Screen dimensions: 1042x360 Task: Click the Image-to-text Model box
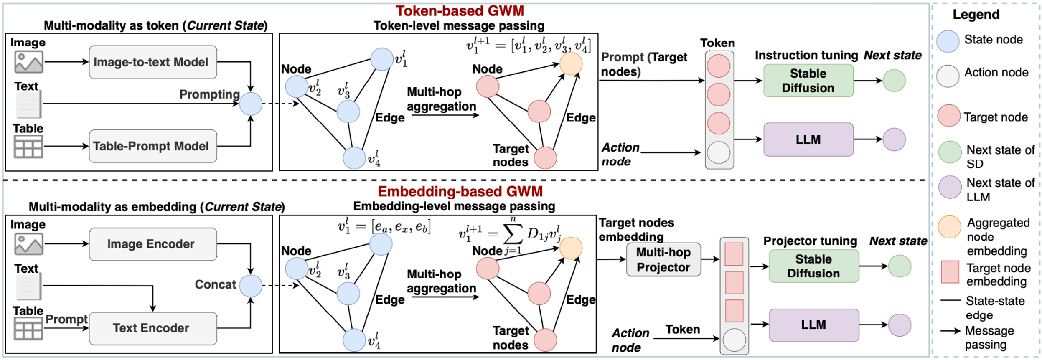pyautogui.click(x=153, y=62)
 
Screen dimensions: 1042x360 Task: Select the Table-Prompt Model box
pyautogui.click(x=153, y=146)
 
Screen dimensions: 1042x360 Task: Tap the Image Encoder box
pyautogui.click(x=153, y=244)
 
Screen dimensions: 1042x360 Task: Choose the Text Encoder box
pyautogui.click(x=153, y=328)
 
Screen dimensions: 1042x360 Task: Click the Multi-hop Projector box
pyautogui.click(x=663, y=259)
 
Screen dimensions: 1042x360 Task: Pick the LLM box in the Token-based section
pyautogui.click(x=808, y=139)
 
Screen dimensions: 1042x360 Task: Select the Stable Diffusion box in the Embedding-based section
pyautogui.click(x=813, y=266)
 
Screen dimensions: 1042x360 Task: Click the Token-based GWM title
pyautogui.click(x=460, y=10)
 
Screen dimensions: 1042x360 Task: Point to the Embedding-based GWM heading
pyautogui.click(x=460, y=191)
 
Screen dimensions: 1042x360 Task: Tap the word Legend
pyautogui.click(x=976, y=15)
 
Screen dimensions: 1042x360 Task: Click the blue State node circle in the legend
pyautogui.click(x=948, y=41)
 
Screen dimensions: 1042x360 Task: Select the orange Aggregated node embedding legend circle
pyautogui.click(x=950, y=227)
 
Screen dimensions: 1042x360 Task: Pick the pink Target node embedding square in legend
pyautogui.click(x=950, y=272)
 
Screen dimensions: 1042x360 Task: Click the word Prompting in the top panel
pyautogui.click(x=209, y=94)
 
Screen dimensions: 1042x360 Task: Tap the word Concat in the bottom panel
pyautogui.click(x=215, y=284)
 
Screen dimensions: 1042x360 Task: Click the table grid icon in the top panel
pyautogui.click(x=28, y=147)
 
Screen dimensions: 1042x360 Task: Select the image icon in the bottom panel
pyautogui.click(x=28, y=244)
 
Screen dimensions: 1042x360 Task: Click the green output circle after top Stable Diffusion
pyautogui.click(x=894, y=81)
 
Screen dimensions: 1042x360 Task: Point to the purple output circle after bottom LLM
pyautogui.click(x=899, y=325)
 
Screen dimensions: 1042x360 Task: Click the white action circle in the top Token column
pyautogui.click(x=719, y=152)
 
